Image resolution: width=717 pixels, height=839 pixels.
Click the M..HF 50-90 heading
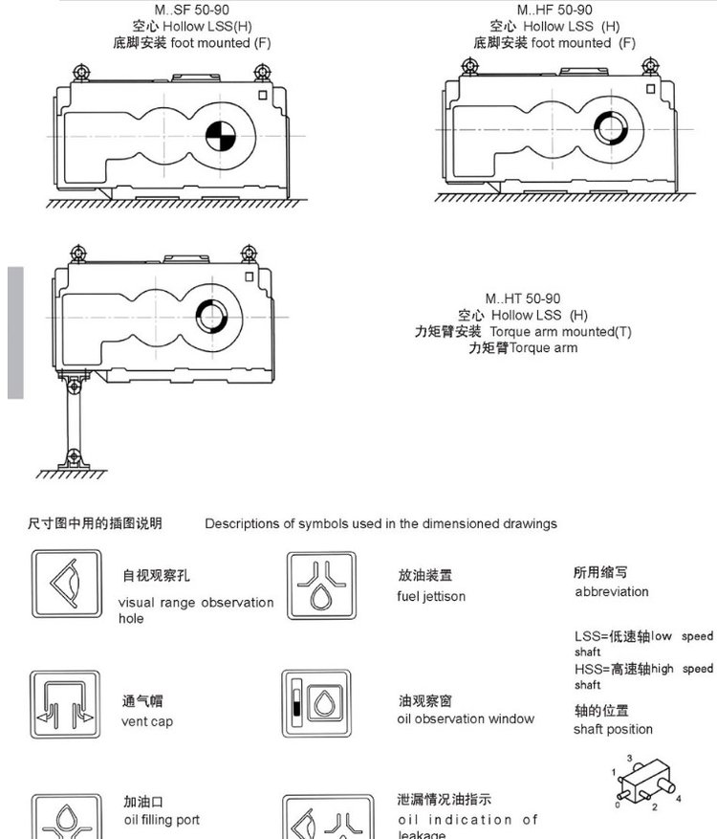tap(554, 10)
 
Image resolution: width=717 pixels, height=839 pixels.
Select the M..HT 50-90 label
tap(522, 298)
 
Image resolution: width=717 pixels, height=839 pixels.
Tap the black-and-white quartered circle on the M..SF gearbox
tap(221, 137)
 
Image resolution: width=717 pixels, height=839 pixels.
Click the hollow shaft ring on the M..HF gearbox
tap(608, 126)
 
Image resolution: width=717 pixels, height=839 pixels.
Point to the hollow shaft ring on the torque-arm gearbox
tap(210, 314)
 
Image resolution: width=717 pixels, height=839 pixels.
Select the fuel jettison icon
tap(321, 585)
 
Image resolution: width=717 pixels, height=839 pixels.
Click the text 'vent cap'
tap(147, 721)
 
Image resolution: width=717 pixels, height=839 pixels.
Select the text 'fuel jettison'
tap(431, 596)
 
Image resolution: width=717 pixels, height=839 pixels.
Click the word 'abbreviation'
tap(612, 591)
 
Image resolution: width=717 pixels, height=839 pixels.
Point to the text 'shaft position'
tap(613, 729)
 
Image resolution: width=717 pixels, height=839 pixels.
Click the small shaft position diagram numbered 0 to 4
tap(645, 782)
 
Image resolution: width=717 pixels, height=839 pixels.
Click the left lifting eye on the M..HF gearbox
tap(469, 66)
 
